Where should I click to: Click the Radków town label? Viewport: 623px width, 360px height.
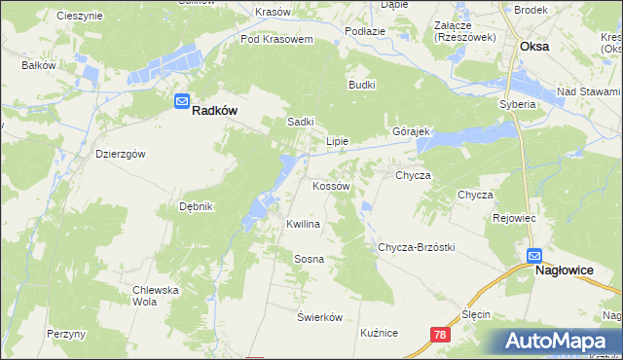coord(215,111)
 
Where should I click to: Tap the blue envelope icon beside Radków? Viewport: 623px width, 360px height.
coord(182,101)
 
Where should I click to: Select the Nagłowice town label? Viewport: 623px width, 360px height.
coord(566,272)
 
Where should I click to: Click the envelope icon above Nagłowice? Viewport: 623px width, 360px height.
coord(534,256)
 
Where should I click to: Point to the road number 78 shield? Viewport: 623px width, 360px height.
coord(442,335)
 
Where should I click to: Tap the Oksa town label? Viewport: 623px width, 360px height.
coord(534,46)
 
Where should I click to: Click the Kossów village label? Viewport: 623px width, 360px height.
coord(330,185)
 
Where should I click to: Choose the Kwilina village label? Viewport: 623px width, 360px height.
coord(303,224)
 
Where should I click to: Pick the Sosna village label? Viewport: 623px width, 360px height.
coord(309,259)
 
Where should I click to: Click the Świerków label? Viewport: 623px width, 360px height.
coord(320,317)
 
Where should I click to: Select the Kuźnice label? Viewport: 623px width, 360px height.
coord(379,333)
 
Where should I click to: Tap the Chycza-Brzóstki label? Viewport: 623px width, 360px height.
coord(417,247)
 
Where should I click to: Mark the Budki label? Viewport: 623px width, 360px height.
coord(362,85)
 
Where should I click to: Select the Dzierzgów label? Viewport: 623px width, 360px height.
coord(121,154)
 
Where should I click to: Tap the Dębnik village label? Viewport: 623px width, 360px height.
coord(196,206)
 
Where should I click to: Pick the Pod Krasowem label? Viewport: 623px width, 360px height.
coord(276,40)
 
